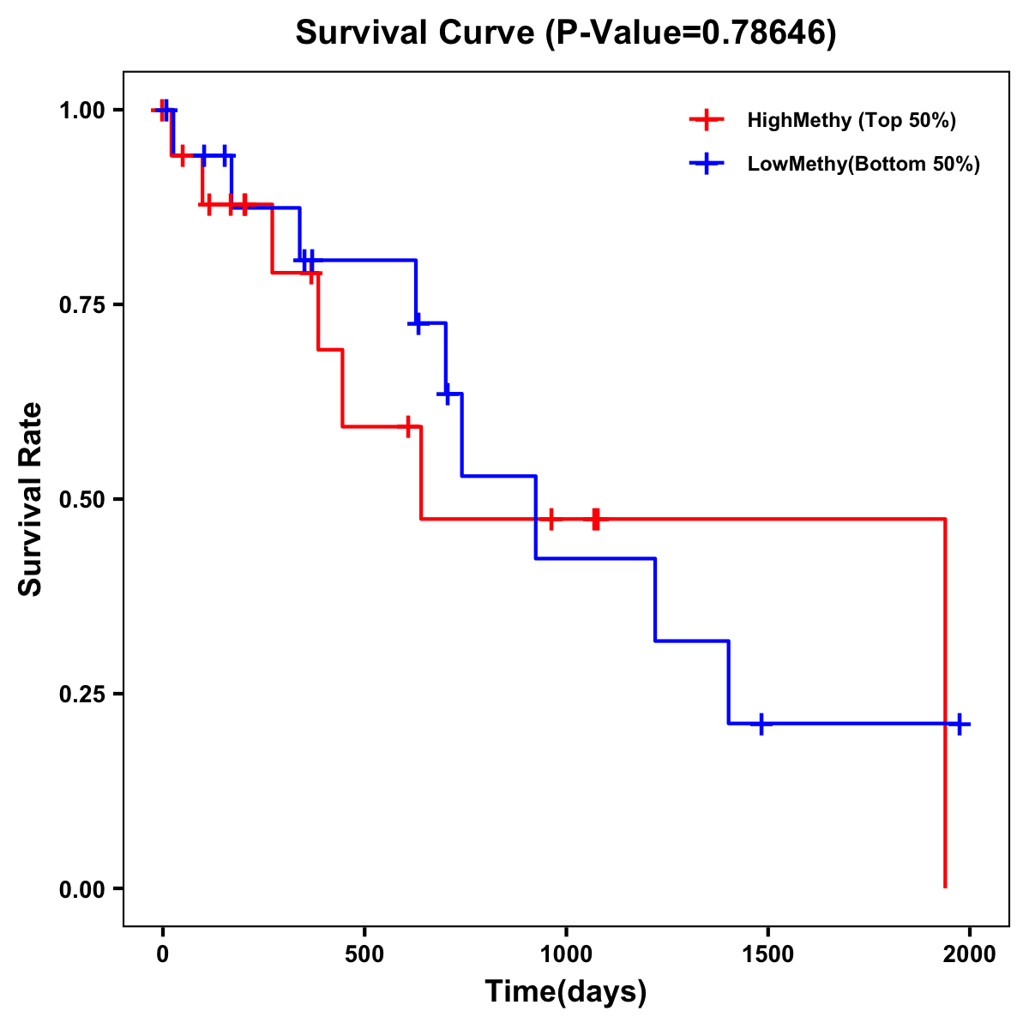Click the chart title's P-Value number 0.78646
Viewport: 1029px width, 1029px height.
coord(765,33)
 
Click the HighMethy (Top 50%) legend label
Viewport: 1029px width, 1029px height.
coord(851,120)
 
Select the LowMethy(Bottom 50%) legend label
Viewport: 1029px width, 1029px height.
coord(864,164)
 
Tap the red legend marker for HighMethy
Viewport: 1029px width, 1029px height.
coord(707,120)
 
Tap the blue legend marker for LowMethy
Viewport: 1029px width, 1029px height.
coord(707,164)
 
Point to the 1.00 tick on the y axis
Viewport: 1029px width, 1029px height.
coord(81,111)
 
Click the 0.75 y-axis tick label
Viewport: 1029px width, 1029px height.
coord(81,305)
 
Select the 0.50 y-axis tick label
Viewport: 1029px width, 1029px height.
coord(81,500)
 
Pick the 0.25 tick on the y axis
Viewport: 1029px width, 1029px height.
coord(81,695)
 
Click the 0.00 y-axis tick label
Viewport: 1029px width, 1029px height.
coord(81,889)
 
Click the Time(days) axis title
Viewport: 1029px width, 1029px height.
coord(566,992)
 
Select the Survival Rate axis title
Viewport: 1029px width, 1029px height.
coord(31,499)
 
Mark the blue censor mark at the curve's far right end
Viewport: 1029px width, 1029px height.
coord(960,725)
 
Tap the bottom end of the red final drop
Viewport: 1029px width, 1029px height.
coord(945,886)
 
